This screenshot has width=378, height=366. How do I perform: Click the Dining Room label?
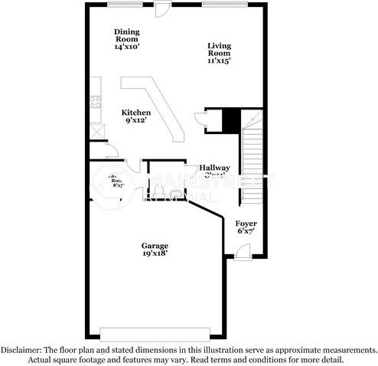click(126, 34)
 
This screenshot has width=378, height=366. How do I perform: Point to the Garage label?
click(154, 246)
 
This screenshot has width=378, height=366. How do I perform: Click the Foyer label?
click(246, 223)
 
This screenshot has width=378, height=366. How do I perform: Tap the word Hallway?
click(215, 168)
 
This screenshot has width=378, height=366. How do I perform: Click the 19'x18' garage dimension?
click(154, 254)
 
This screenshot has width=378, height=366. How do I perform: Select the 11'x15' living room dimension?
click(219, 60)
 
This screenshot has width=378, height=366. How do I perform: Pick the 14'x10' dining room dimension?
click(126, 47)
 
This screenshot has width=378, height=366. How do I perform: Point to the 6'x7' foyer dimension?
click(246, 230)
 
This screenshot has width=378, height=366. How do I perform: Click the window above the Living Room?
click(224, 5)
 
